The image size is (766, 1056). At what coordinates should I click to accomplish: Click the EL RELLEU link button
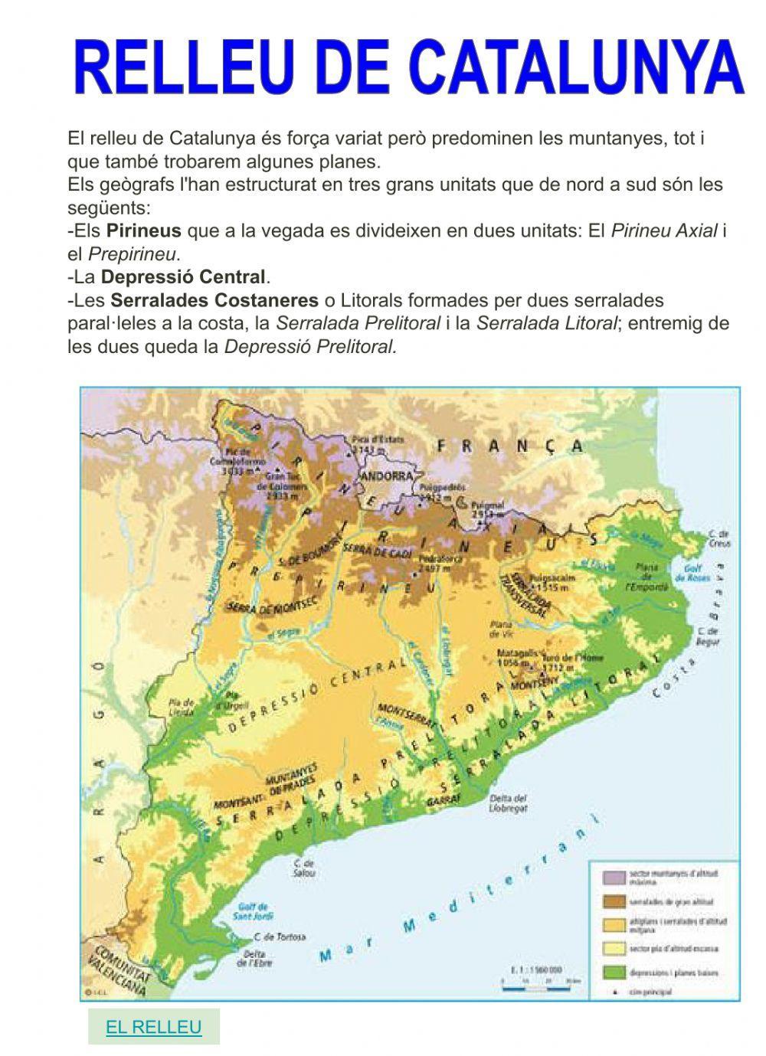(x=153, y=1027)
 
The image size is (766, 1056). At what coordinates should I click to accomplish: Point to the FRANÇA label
(x=509, y=446)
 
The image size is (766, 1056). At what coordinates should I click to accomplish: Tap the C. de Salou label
(x=303, y=868)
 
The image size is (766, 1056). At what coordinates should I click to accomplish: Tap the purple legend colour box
(x=611, y=876)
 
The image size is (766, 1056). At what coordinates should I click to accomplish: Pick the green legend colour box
(x=611, y=973)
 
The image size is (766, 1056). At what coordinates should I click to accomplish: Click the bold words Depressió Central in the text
(x=184, y=276)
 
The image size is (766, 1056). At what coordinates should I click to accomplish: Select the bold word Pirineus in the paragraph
(x=144, y=230)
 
